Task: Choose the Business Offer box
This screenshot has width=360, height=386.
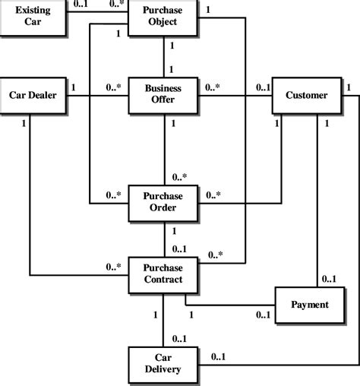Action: pyautogui.click(x=164, y=96)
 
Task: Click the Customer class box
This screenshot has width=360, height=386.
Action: pyautogui.click(x=305, y=96)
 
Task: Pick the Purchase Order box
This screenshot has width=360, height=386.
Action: pyautogui.click(x=164, y=203)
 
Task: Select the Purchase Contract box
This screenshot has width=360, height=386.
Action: pyautogui.click(x=164, y=274)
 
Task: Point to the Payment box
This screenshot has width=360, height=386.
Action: pyautogui.click(x=310, y=305)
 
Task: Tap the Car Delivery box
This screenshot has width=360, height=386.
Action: pyautogui.click(x=164, y=364)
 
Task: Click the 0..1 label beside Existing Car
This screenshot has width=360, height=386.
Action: pyautogui.click(x=81, y=5)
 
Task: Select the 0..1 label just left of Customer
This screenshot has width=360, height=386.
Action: pyautogui.click(x=263, y=87)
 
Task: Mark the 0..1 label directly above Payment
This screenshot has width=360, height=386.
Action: pyautogui.click(x=329, y=279)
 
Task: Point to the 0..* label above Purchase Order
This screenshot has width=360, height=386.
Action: pyautogui.click(x=180, y=177)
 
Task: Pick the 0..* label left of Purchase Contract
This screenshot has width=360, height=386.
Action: pyautogui.click(x=112, y=267)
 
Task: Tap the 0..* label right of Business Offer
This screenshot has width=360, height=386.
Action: pyautogui.click(x=213, y=87)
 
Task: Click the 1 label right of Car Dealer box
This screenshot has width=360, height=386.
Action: pyautogui.click(x=73, y=87)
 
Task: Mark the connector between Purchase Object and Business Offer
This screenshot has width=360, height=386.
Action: pyautogui.click(x=164, y=57)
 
